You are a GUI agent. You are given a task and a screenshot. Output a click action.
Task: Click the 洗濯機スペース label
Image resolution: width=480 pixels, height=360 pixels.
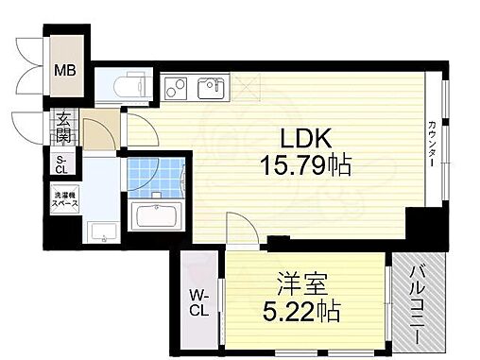click(x=64, y=200)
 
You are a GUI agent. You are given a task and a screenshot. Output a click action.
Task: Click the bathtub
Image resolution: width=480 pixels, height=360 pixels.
click(x=158, y=216)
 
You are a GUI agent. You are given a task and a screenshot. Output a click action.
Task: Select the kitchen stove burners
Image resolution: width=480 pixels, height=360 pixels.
click(x=177, y=90)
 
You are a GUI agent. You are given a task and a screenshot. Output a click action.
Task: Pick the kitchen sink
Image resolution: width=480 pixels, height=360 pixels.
click(x=209, y=90)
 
